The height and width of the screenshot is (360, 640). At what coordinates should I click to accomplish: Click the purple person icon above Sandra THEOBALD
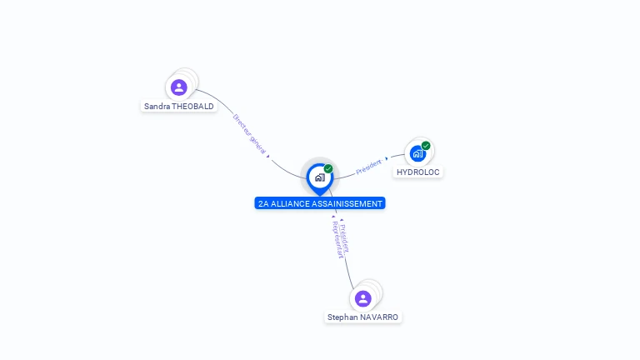[x=178, y=87]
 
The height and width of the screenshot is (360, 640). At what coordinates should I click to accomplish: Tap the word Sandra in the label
[x=157, y=107]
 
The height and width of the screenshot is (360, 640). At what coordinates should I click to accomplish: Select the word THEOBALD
[x=192, y=107]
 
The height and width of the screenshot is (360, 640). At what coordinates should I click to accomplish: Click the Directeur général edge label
[x=249, y=133]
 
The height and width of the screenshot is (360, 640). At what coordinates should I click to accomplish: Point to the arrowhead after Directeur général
[x=267, y=156]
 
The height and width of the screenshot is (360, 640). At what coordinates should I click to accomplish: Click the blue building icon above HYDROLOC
[x=417, y=153]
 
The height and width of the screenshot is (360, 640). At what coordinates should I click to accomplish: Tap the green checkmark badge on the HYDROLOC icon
[x=426, y=146]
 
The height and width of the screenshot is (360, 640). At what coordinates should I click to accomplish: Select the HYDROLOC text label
[x=417, y=172]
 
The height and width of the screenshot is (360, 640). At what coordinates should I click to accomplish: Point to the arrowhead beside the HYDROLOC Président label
[x=386, y=158]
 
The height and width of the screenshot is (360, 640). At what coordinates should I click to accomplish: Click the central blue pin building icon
[x=319, y=177]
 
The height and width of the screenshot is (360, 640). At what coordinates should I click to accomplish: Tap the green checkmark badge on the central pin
[x=328, y=168]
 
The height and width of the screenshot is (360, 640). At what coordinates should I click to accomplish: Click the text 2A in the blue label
[x=263, y=203]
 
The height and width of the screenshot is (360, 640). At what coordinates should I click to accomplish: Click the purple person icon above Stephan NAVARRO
[x=362, y=298]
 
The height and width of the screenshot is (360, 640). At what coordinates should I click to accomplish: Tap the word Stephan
[x=342, y=317]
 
